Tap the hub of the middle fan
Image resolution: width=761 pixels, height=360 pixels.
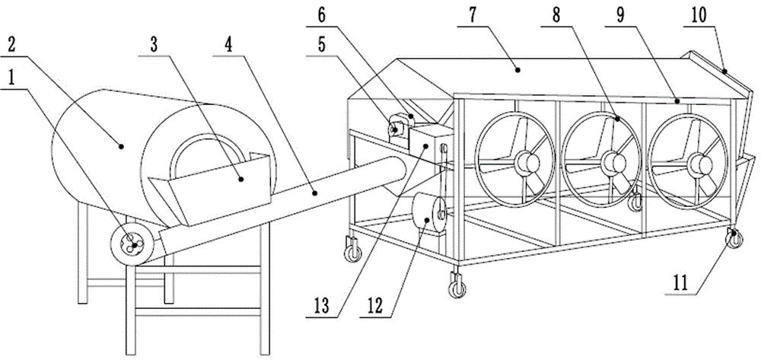tap(611, 161)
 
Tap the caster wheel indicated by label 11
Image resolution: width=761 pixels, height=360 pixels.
tap(736, 238)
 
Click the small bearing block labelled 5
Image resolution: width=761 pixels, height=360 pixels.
tap(396, 128)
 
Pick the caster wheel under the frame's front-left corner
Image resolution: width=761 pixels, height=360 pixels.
tap(354, 250)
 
